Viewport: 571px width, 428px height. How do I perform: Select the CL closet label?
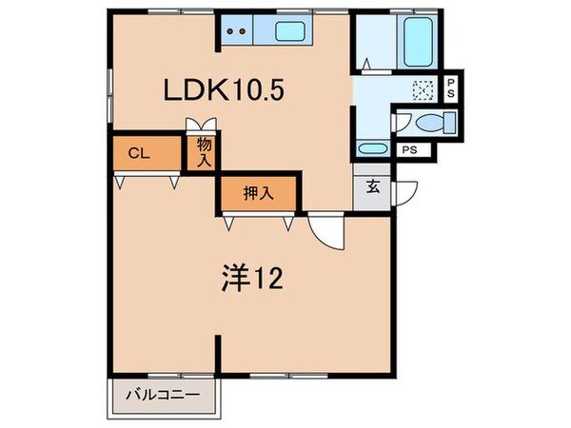click(138, 151)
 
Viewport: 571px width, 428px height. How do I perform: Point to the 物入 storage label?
click(204, 153)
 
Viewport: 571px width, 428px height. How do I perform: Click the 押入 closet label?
click(258, 194)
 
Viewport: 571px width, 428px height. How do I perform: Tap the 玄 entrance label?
click(372, 186)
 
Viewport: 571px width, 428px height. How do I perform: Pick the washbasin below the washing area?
click(372, 148)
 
